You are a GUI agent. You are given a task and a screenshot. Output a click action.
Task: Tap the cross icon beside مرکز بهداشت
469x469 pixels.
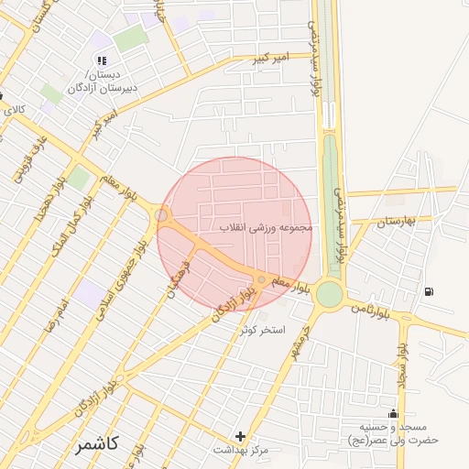point(241,436)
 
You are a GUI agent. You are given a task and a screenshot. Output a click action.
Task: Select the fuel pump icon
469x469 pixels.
point(429,292)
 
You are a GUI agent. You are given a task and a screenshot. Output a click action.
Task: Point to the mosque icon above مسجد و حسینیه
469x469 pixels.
point(394,414)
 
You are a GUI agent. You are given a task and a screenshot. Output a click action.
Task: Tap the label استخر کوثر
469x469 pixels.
point(263,329)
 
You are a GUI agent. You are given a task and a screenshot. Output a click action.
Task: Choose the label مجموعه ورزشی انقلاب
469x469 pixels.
point(267,226)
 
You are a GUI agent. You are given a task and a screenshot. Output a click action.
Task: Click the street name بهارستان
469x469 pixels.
point(397,221)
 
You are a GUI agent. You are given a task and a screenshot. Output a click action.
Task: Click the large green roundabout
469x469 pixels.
point(329,293)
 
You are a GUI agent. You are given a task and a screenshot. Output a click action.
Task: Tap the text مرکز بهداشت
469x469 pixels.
point(240,450)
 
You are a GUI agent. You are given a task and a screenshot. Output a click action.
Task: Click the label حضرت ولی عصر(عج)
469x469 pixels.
point(399,440)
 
